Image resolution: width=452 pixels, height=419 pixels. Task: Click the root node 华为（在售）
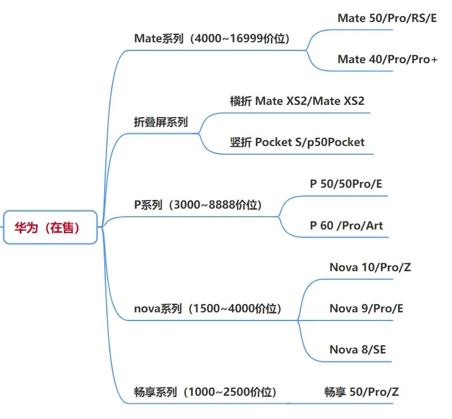[x=50, y=227]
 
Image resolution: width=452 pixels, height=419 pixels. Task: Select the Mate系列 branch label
[x=159, y=39]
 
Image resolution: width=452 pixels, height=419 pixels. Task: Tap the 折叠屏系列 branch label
[x=161, y=122]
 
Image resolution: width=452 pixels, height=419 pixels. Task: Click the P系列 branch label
[x=148, y=205]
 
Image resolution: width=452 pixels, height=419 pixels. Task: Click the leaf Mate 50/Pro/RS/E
[x=387, y=18]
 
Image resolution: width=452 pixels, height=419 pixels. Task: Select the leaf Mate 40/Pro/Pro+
[x=387, y=59]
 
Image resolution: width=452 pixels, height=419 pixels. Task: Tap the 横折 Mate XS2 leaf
[x=297, y=101]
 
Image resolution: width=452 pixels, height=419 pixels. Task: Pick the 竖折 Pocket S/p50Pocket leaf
[x=297, y=142]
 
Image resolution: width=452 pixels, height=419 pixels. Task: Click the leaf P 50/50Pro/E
[x=346, y=184]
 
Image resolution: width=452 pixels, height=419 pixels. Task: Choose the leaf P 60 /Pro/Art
[x=346, y=225]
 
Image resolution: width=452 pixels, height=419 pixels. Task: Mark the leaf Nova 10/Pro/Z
[x=370, y=267]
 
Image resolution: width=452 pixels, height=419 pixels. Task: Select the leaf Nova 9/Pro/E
[x=366, y=308]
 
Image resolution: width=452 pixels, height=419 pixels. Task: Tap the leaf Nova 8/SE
[x=358, y=349]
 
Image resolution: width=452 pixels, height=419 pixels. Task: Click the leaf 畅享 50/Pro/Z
[x=361, y=392]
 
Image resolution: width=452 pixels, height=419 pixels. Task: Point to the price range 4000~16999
[x=231, y=39]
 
